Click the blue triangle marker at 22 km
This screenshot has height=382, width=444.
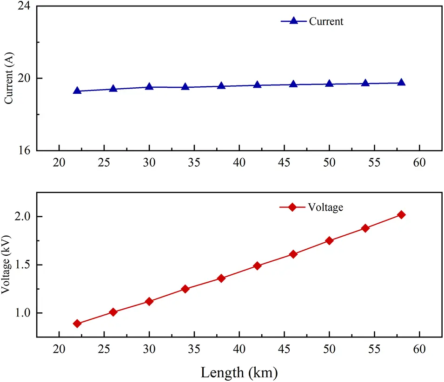click(77, 91)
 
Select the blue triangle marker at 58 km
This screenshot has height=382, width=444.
click(401, 83)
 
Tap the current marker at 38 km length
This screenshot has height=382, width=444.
click(221, 86)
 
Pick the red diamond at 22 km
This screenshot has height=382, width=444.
click(77, 324)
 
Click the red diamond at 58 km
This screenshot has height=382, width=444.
click(401, 214)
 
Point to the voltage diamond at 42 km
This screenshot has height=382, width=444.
click(257, 266)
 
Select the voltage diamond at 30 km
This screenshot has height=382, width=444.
click(149, 301)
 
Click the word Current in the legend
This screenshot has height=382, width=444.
click(326, 21)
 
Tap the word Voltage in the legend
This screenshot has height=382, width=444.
click(325, 207)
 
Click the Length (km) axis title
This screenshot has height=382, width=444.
click(239, 372)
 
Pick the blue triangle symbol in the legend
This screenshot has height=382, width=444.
click(293, 21)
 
